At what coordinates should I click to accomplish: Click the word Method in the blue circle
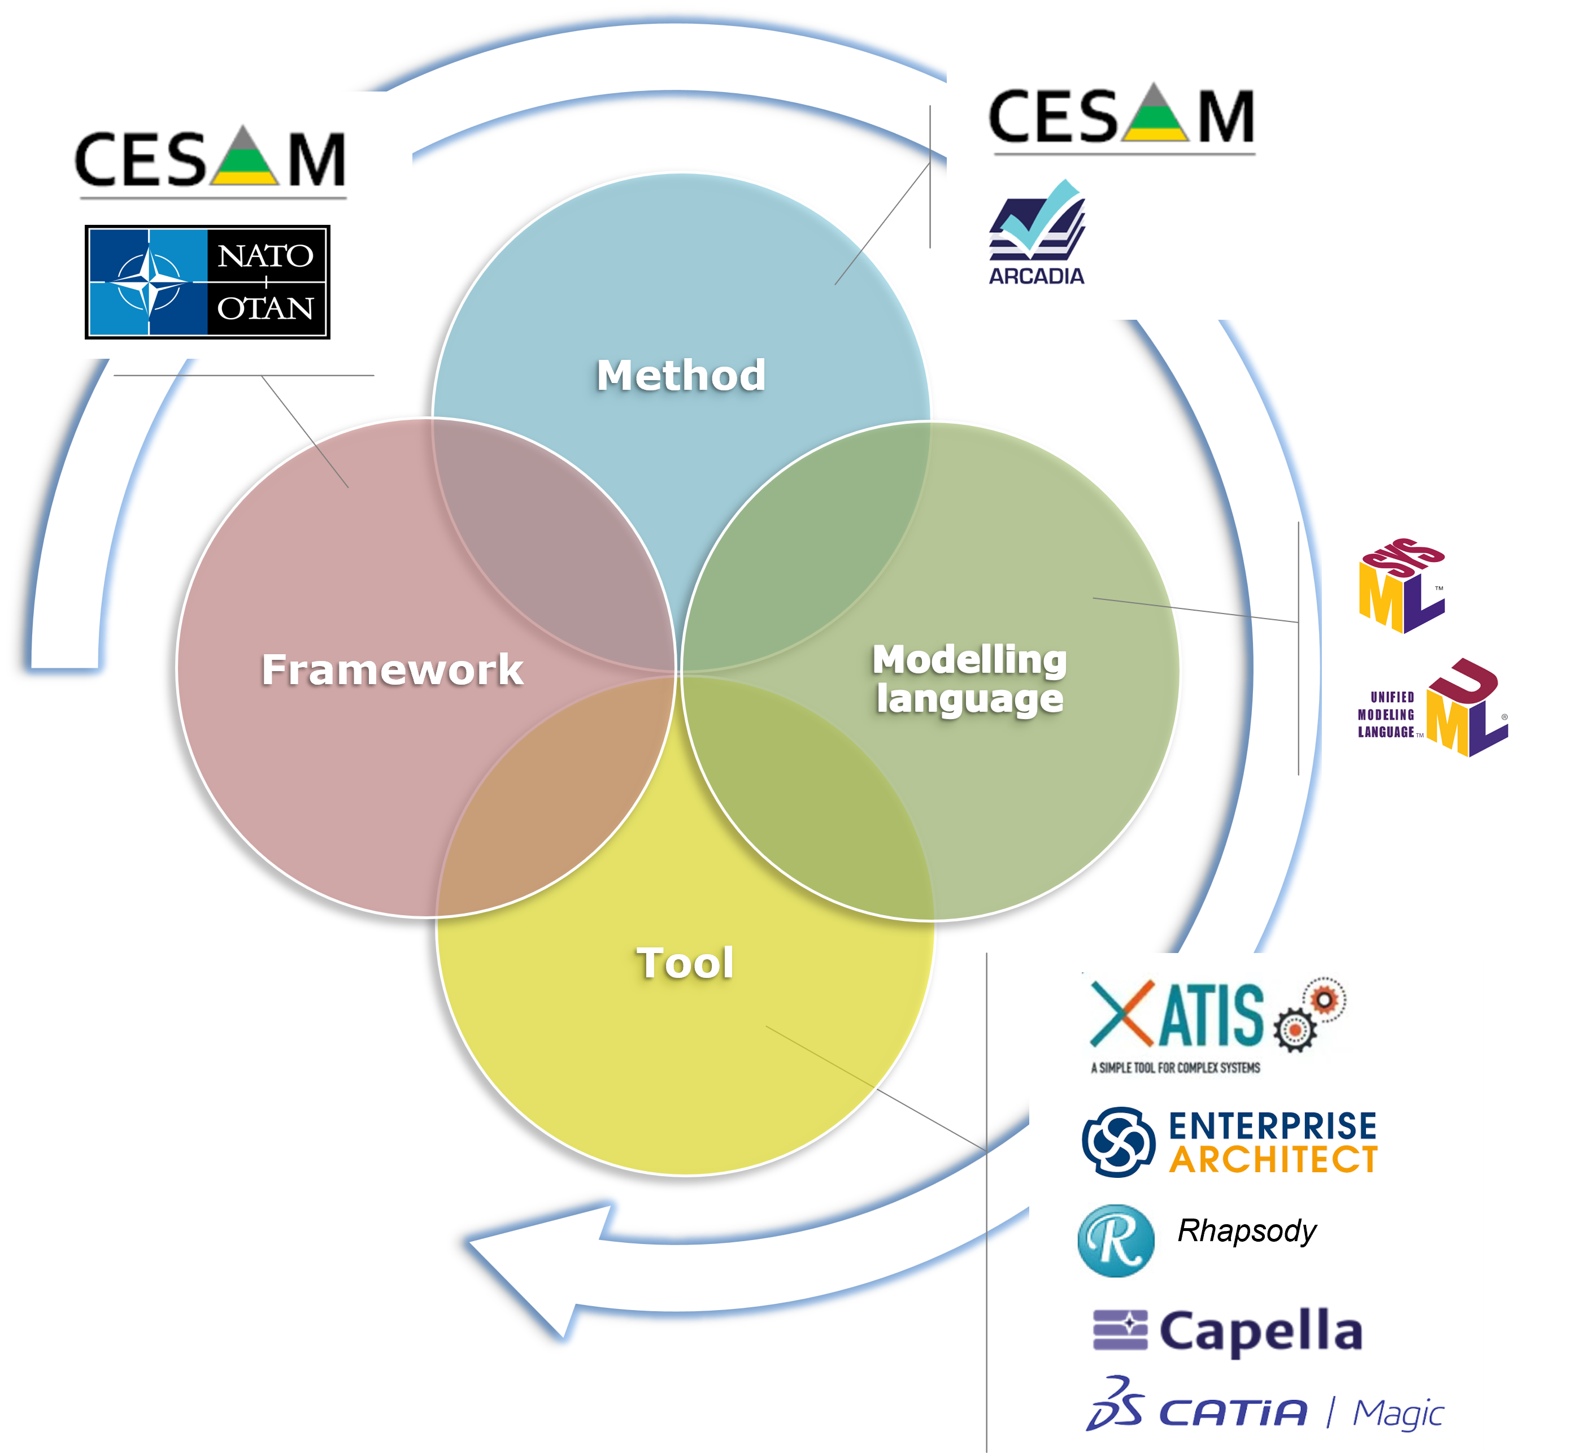[x=681, y=375]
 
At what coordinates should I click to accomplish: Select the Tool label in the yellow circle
[x=685, y=963]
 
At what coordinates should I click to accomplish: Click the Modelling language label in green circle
[x=969, y=678]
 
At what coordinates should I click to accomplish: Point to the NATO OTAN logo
[x=207, y=282]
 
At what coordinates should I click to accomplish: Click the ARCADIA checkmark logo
[x=1037, y=232]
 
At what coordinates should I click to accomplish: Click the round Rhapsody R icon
[x=1116, y=1241]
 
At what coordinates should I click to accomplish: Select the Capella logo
[x=1228, y=1331]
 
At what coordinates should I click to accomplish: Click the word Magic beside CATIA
[x=1398, y=1413]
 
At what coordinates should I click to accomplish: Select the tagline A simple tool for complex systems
[x=1176, y=1068]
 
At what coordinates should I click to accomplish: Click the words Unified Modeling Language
[x=1386, y=715]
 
